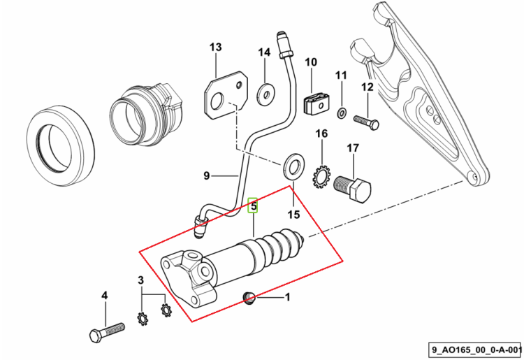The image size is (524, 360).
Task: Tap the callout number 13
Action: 216,47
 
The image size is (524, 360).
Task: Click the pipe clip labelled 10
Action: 316,103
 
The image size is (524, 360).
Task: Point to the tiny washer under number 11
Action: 342,113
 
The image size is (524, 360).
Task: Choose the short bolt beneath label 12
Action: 366,122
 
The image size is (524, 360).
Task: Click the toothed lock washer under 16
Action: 321,176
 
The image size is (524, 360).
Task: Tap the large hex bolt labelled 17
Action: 353,189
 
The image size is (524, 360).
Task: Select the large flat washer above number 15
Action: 293,166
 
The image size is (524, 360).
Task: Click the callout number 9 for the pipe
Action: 206,175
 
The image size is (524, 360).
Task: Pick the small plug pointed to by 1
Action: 247,298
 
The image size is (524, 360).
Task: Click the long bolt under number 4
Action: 107,332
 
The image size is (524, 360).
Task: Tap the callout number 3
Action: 140,280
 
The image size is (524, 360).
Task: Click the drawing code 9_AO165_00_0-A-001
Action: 476,350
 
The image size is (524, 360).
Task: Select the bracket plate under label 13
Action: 226,95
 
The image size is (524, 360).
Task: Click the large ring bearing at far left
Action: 61,146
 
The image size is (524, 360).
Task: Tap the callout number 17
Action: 353,147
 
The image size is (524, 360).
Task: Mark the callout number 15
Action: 293,215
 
